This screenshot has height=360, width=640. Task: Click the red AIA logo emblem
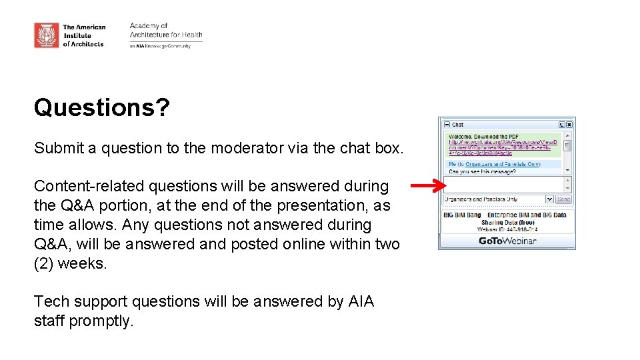47,35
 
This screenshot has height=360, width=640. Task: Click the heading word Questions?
101,107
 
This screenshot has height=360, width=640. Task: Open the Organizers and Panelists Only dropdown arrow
549,199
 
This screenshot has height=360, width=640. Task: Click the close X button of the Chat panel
569,125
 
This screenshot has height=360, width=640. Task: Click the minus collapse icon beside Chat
447,125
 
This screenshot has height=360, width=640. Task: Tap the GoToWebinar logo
507,241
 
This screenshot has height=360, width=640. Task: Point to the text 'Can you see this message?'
482,171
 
